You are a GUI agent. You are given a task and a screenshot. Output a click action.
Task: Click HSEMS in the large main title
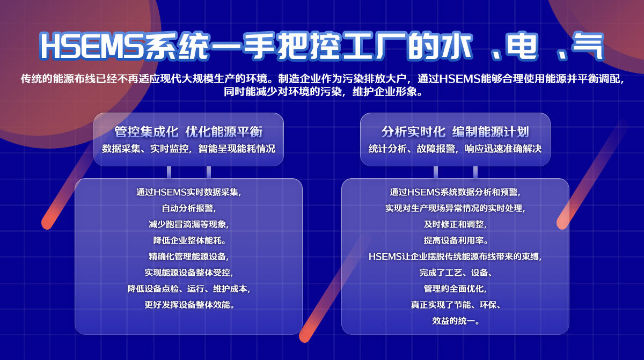pyautogui.click(x=92, y=46)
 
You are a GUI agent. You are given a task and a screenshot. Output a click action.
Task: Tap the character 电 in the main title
pyautogui.click(x=522, y=46)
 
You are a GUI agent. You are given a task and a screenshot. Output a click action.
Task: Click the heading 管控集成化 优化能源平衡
pyautogui.click(x=188, y=132)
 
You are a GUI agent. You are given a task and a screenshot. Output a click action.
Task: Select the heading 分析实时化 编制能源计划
pyautogui.click(x=455, y=132)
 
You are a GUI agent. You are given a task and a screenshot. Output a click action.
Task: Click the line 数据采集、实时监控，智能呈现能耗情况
pyautogui.click(x=188, y=149)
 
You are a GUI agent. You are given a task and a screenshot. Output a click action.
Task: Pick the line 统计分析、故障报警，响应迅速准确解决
pyautogui.click(x=455, y=149)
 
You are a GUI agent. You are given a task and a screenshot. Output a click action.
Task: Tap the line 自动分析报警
pyautogui.click(x=188, y=208)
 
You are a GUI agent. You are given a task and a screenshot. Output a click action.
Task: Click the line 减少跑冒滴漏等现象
pyautogui.click(x=188, y=224)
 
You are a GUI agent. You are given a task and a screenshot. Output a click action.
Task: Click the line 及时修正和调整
pyautogui.click(x=455, y=224)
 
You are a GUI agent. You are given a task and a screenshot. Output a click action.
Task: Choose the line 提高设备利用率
pyautogui.click(x=455, y=240)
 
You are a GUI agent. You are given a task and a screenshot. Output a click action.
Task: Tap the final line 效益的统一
pyautogui.click(x=455, y=321)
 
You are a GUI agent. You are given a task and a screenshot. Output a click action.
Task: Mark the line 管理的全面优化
pyautogui.click(x=455, y=289)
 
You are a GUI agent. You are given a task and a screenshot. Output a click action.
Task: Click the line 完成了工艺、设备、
pyautogui.click(x=455, y=273)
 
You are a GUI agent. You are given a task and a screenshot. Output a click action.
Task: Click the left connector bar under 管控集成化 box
pyautogui.click(x=169, y=172)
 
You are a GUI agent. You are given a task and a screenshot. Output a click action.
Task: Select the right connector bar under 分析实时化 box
pyautogui.click(x=475, y=172)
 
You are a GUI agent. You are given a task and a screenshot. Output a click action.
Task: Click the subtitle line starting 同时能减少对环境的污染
pyautogui.click(x=323, y=92)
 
